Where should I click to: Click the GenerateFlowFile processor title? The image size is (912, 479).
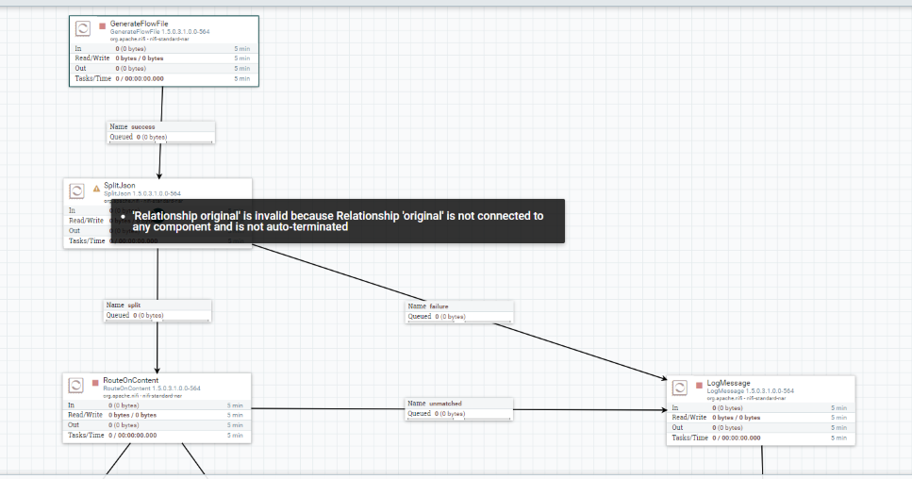139,23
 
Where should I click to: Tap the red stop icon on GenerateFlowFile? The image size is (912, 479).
102,25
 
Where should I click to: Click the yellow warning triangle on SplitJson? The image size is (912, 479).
96,188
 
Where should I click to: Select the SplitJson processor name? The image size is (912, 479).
120,186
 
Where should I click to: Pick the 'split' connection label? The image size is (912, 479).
134,305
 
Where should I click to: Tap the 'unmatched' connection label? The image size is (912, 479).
445,404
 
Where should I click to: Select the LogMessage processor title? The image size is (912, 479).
729,383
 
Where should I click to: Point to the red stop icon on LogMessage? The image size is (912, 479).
699,386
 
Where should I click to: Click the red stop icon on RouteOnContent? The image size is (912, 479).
95,383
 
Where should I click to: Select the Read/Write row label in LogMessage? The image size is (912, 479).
688,417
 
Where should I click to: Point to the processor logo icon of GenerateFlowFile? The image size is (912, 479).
83,28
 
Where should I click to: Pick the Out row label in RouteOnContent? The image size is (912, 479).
73,425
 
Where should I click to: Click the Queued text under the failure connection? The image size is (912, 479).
420,317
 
